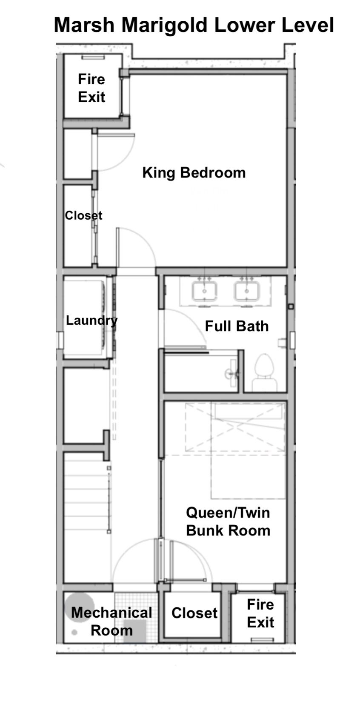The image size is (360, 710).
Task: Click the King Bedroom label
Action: pos(194,173)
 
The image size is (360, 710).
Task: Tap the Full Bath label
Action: pos(237,326)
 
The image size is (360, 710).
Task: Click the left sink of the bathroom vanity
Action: pos(204,290)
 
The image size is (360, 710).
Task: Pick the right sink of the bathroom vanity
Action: pos(247,290)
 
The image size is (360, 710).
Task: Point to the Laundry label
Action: pos(91,321)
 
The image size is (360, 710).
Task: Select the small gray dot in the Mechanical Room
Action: pos(74,633)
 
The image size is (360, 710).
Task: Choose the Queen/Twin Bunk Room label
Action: pos(228,521)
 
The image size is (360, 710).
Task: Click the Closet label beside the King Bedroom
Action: pos(84,215)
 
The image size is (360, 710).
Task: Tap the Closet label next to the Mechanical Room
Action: pos(194,613)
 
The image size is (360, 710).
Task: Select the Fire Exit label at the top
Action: pos(91,88)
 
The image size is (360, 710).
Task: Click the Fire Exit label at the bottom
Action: pos(260,613)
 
